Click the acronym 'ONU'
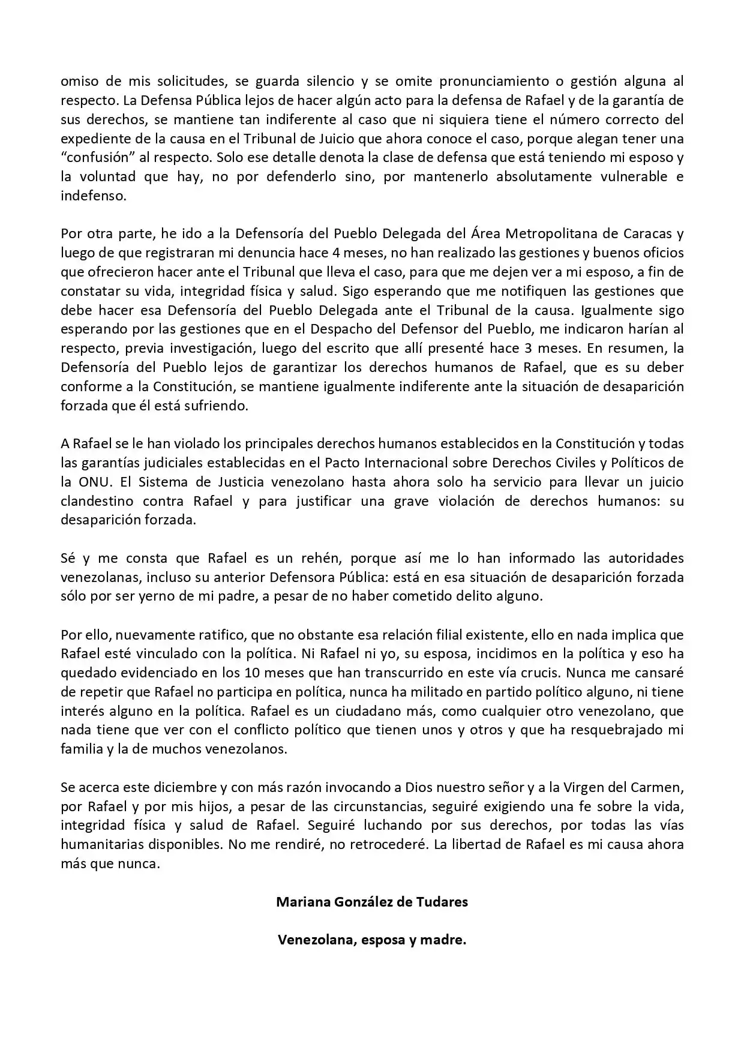[x=94, y=482]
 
